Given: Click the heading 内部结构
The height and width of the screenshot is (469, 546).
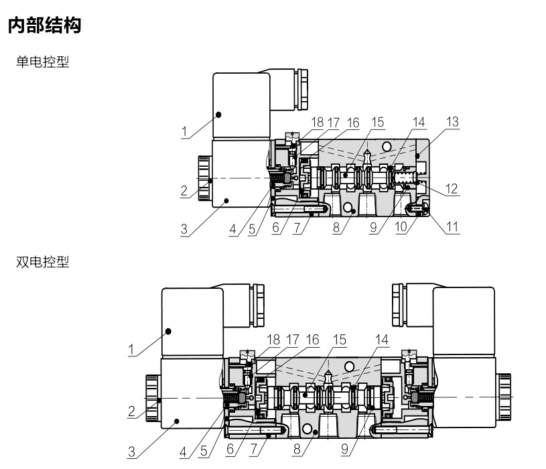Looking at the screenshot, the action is pyautogui.click(x=44, y=25).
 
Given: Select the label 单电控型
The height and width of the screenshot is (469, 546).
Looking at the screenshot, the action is pyautogui.click(x=42, y=62).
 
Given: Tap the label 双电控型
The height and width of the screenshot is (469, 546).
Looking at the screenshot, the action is pyautogui.click(x=42, y=261).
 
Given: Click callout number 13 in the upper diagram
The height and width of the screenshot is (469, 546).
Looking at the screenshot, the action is pyautogui.click(x=452, y=122).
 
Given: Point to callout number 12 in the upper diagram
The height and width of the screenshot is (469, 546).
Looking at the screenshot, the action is pyautogui.click(x=452, y=189).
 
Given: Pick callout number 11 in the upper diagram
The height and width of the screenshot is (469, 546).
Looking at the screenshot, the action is pyautogui.click(x=452, y=227).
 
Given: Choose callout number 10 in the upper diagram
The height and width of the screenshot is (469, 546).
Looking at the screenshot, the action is pyautogui.click(x=401, y=227).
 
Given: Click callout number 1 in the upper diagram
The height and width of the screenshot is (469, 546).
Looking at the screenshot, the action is pyautogui.click(x=184, y=131).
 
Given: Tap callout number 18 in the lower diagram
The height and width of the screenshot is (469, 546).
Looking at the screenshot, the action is pyautogui.click(x=273, y=340).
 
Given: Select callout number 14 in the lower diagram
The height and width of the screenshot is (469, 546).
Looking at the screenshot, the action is pyautogui.click(x=382, y=340).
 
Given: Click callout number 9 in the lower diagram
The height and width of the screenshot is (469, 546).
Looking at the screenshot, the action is pyautogui.click(x=344, y=449).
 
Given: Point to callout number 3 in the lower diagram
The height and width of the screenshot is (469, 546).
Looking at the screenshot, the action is pyautogui.click(x=131, y=452).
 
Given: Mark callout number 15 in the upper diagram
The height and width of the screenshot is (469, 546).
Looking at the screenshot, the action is pyautogui.click(x=378, y=122).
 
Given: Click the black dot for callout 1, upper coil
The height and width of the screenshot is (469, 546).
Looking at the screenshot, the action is pyautogui.click(x=218, y=115).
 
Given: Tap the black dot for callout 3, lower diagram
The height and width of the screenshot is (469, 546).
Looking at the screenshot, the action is pyautogui.click(x=177, y=421).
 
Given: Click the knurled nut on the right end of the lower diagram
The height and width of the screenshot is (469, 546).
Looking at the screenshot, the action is pyautogui.click(x=504, y=397).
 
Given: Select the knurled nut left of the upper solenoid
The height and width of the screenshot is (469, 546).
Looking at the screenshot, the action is pyautogui.click(x=204, y=178).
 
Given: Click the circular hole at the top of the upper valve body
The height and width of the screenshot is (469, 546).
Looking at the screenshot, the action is pyautogui.click(x=387, y=147).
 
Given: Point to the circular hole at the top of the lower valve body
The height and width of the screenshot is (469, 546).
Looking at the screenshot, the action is pyautogui.click(x=349, y=366).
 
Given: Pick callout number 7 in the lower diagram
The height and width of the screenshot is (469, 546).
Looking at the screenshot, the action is pyautogui.click(x=254, y=449).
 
